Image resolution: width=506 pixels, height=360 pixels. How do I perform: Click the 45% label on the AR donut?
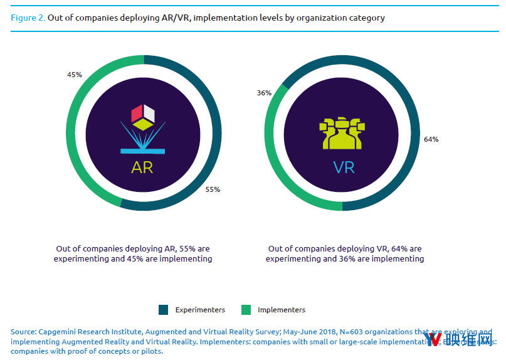75,75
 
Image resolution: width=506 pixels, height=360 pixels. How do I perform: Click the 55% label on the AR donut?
213,189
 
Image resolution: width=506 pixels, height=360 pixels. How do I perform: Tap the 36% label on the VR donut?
264,93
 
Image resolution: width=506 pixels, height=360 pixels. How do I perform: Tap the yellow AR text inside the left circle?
142,168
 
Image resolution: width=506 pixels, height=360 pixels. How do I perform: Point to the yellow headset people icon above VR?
342,132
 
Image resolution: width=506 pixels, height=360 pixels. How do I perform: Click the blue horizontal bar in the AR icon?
142,151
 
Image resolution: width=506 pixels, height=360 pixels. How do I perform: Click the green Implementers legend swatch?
246,310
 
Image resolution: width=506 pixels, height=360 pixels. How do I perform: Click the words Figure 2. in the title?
28,18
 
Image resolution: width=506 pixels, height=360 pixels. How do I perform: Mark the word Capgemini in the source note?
59,331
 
